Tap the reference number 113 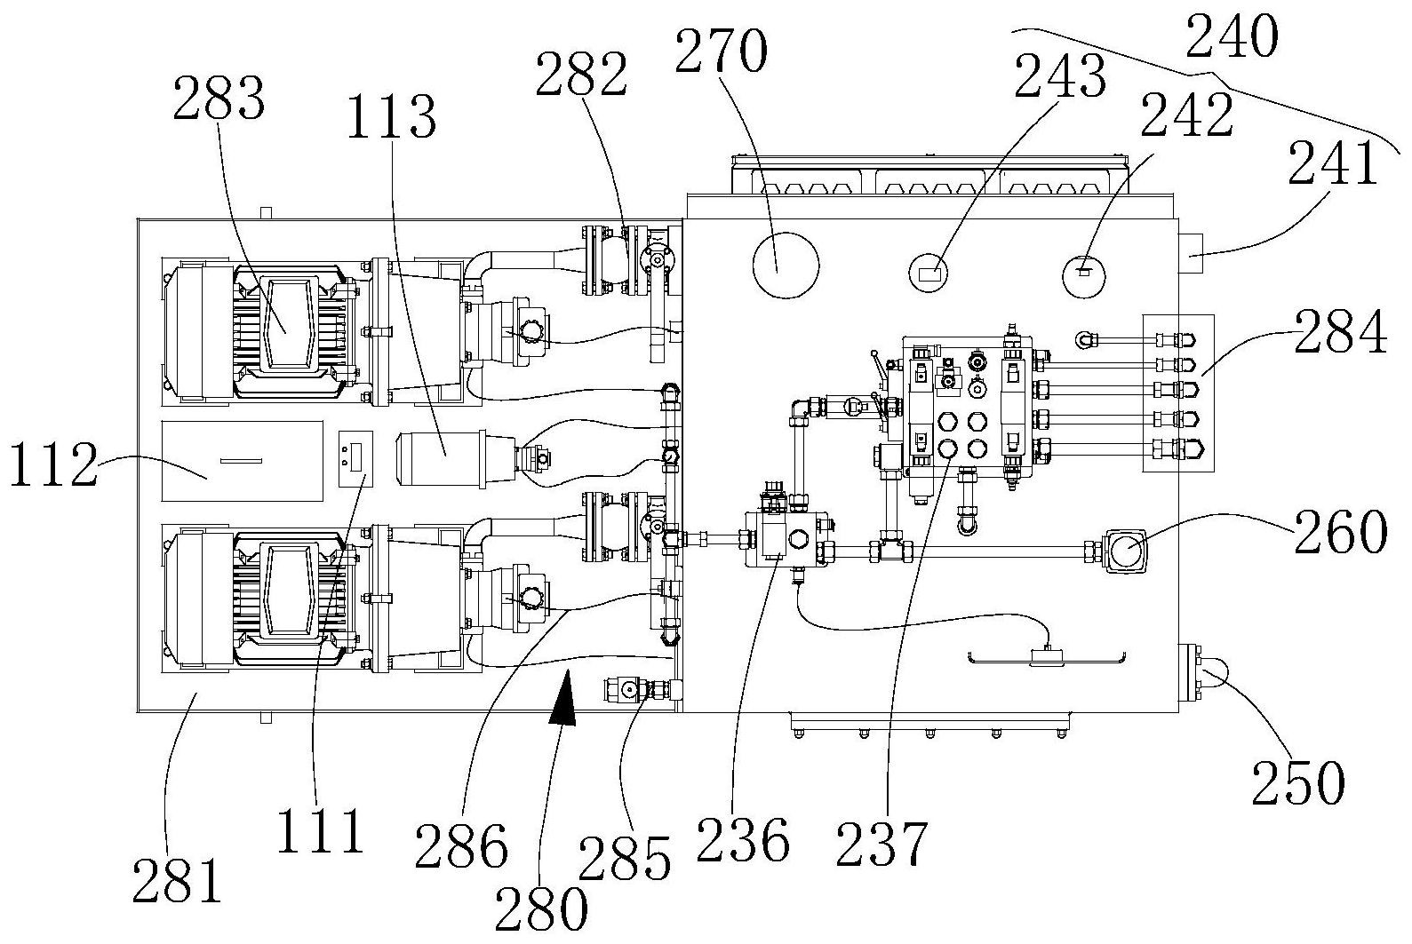[x=392, y=117]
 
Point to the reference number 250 [x=1298, y=782]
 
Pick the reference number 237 [x=882, y=844]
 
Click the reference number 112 [x=54, y=464]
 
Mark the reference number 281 [x=177, y=881]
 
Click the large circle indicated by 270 [x=786, y=266]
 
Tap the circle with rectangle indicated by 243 [x=929, y=274]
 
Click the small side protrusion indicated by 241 [x=1190, y=253]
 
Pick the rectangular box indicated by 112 [x=242, y=461]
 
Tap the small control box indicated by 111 [x=356, y=459]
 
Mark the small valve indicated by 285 [x=635, y=688]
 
